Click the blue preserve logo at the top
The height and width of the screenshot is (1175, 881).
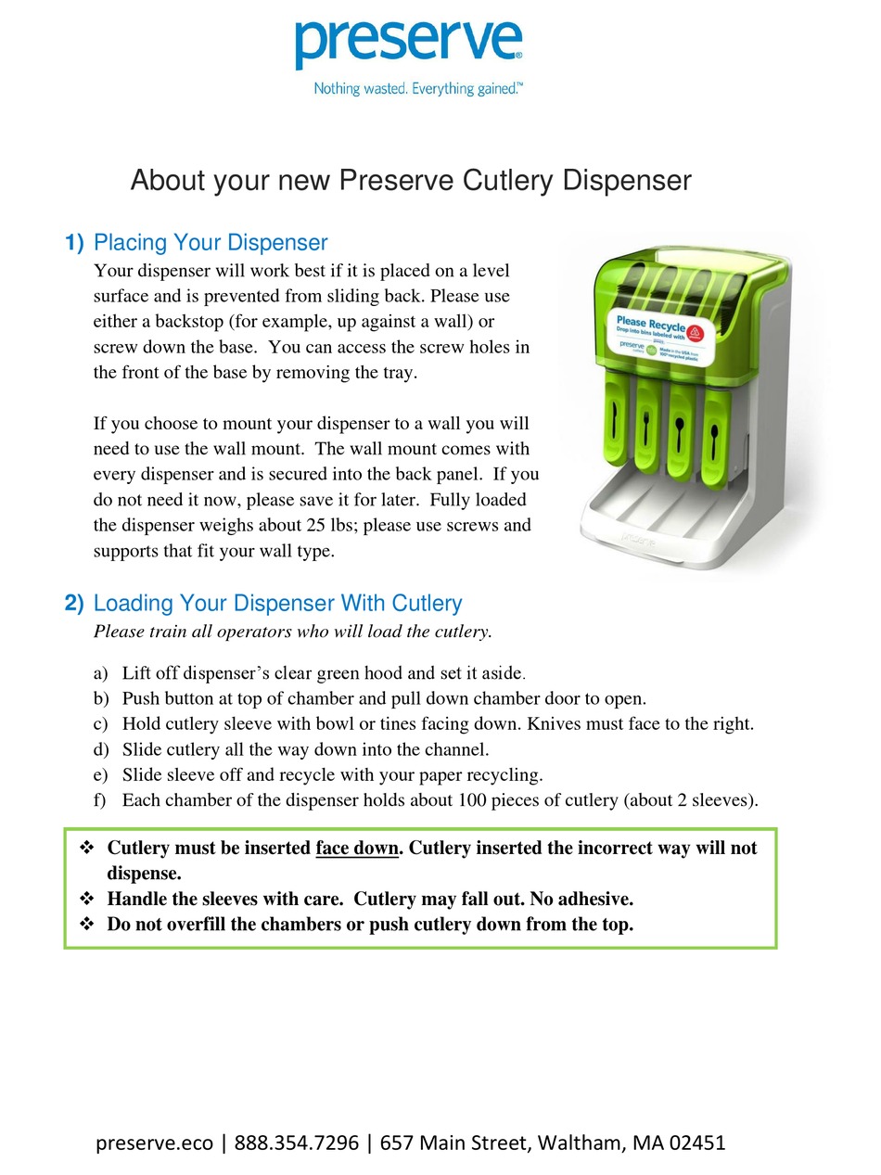pos(408,42)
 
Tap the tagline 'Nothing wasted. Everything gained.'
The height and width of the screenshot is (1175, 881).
pos(418,89)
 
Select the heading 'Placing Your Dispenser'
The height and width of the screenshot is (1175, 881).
pos(211,243)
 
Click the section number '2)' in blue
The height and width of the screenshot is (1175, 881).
pos(74,604)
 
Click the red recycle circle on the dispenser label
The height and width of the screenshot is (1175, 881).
pos(697,333)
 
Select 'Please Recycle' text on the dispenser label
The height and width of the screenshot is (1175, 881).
pos(651,325)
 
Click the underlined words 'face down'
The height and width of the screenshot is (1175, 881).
pos(356,848)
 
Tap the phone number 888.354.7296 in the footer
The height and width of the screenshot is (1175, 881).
pos(297,1143)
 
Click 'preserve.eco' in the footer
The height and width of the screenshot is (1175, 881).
pos(154,1143)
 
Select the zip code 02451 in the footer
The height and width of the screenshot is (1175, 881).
pos(695,1143)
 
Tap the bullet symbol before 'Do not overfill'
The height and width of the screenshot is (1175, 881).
pos(87,925)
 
